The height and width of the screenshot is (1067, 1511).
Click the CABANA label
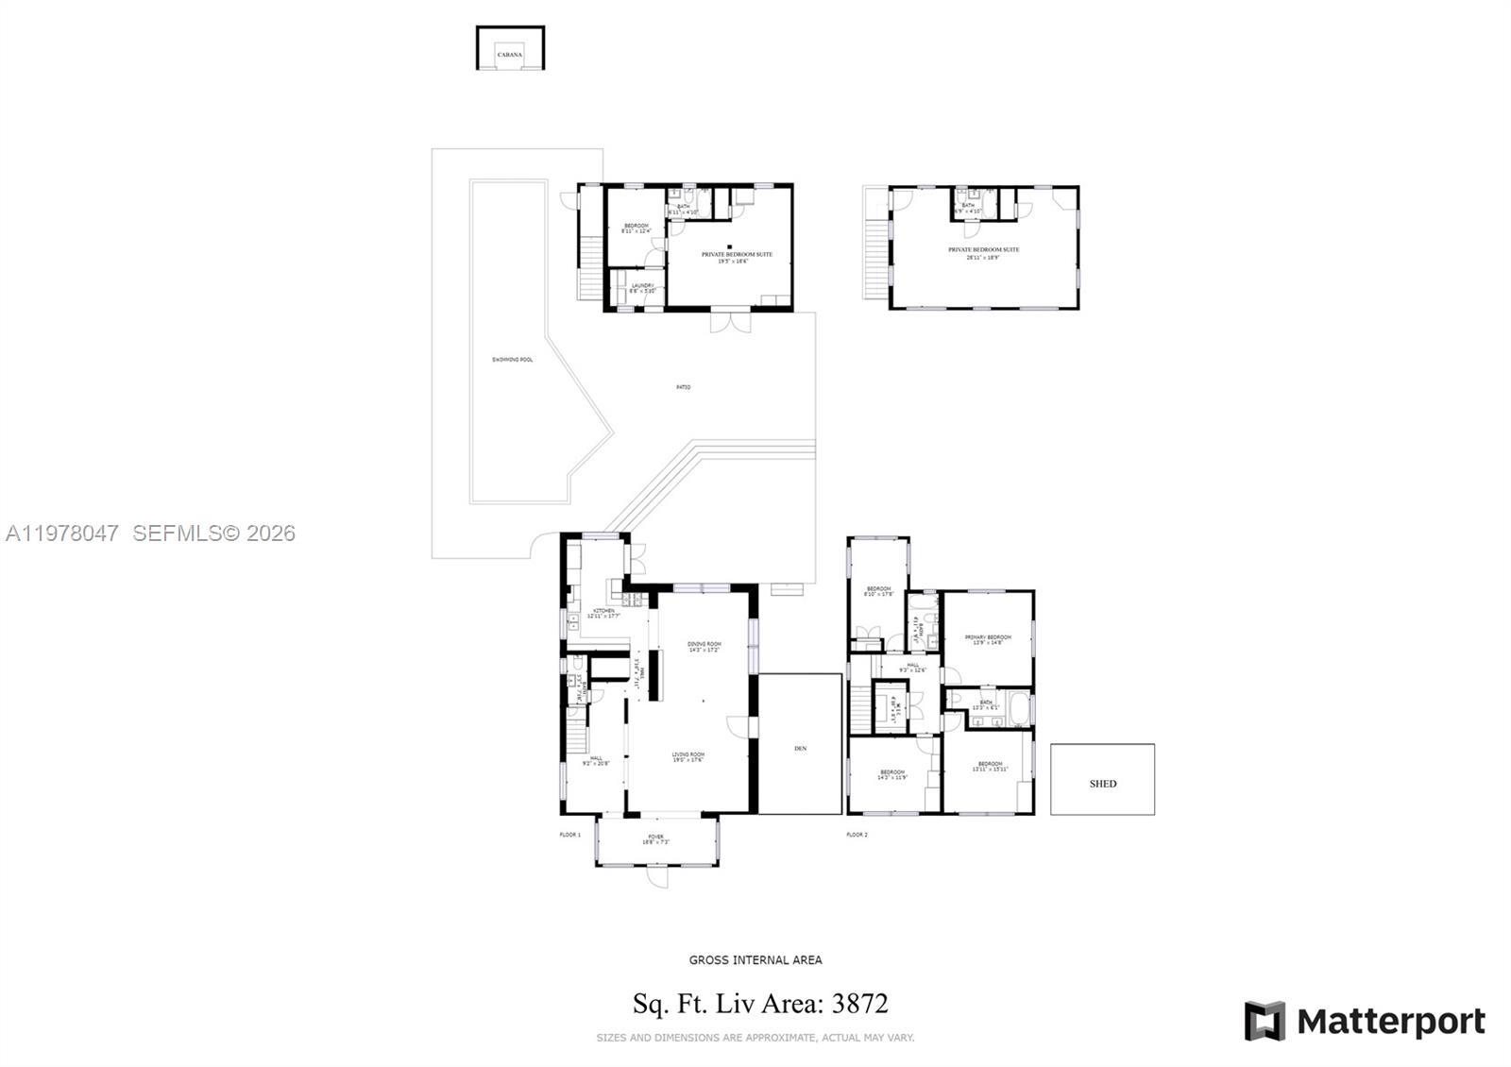click(510, 55)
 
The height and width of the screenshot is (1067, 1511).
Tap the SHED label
click(1102, 784)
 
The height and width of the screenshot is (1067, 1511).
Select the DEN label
click(801, 749)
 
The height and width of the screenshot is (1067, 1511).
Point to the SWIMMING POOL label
click(513, 360)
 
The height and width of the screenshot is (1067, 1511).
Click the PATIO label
click(683, 387)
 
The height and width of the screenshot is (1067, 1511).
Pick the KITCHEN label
click(603, 611)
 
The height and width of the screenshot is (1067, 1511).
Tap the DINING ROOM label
click(704, 644)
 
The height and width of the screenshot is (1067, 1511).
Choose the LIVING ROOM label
click(688, 754)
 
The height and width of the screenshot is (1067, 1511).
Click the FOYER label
click(655, 837)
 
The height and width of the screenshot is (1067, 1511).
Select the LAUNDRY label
click(642, 285)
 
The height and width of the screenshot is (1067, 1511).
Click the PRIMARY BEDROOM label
click(988, 637)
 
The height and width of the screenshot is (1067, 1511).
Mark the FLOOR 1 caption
click(569, 835)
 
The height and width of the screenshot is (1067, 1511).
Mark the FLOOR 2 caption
click(857, 835)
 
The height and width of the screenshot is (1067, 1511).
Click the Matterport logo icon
click(1265, 1021)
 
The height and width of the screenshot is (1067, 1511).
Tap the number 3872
click(859, 1004)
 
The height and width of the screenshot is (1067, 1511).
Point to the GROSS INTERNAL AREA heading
click(755, 960)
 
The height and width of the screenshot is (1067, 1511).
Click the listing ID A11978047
click(62, 533)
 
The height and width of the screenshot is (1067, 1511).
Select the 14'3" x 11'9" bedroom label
click(892, 774)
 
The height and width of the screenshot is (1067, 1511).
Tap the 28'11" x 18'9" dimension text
click(984, 257)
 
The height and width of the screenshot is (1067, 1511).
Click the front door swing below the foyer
click(657, 878)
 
